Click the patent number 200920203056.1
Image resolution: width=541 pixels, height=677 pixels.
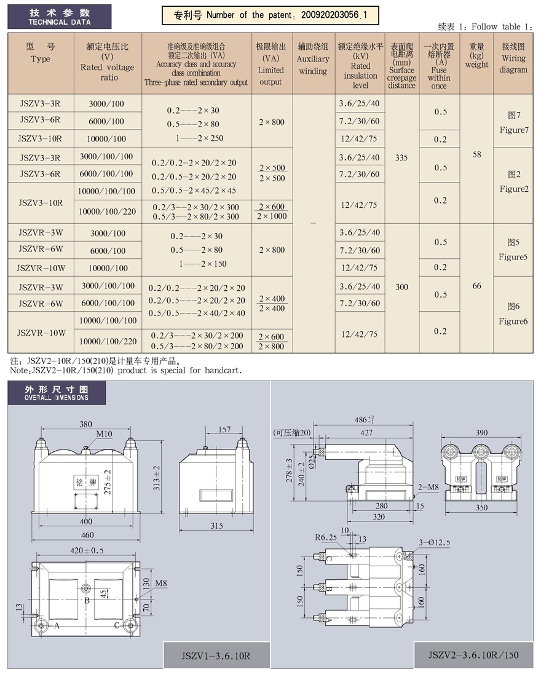(x=334, y=15)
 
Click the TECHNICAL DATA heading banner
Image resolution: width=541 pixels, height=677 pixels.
(x=60, y=17)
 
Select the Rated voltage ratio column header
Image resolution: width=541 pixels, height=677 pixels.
(x=108, y=62)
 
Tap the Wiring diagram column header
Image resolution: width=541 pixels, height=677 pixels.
(x=513, y=58)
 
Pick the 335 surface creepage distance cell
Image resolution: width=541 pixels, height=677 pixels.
(x=401, y=157)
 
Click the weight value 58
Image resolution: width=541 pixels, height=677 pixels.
(x=476, y=154)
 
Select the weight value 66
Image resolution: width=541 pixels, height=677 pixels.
(x=476, y=286)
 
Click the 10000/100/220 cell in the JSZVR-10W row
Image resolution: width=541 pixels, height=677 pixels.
(x=108, y=341)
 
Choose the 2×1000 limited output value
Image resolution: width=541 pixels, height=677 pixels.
(x=272, y=216)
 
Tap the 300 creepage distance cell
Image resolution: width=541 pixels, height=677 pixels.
(x=401, y=287)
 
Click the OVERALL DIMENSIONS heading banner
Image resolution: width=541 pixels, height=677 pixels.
(x=57, y=393)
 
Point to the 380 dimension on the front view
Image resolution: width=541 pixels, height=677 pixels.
(x=85, y=424)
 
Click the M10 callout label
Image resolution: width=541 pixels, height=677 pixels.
(x=104, y=434)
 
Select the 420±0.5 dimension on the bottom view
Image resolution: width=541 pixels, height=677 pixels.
(x=87, y=550)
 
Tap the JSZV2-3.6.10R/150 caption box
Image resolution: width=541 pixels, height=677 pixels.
(x=473, y=655)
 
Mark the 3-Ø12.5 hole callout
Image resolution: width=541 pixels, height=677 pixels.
(x=435, y=543)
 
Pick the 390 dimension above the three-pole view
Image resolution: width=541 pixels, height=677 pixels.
(x=481, y=433)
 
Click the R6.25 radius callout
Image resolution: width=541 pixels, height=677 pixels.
(x=326, y=537)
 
